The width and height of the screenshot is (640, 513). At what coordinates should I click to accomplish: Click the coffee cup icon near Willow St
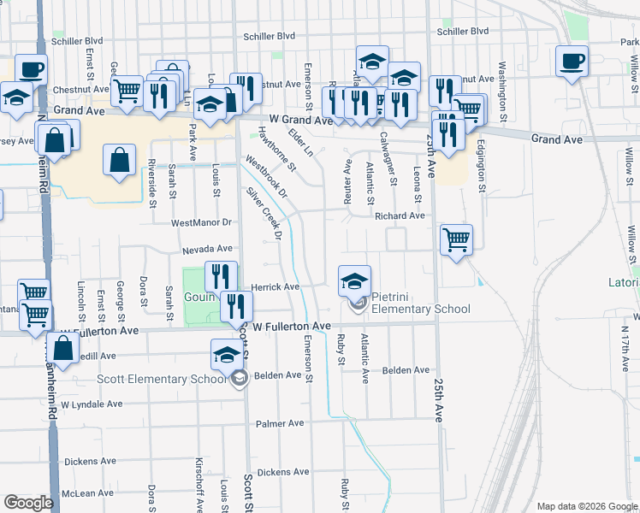[x=572, y=62]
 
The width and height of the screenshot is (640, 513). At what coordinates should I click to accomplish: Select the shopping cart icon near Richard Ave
[x=456, y=239]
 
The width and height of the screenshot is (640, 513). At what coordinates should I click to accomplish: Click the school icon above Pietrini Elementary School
[x=355, y=280]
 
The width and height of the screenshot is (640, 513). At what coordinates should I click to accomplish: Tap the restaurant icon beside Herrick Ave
[x=222, y=276]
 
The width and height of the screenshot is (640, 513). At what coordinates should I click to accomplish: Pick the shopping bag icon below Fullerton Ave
[x=62, y=348]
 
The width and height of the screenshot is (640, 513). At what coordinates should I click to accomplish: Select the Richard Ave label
[x=400, y=216]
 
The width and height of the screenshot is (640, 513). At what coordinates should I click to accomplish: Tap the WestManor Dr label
[x=201, y=222]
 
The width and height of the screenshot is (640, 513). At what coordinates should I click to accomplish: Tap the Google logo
[x=28, y=503]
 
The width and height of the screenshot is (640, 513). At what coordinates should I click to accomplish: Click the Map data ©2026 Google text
[x=586, y=506]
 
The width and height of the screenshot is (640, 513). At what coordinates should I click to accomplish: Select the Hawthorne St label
[x=276, y=147]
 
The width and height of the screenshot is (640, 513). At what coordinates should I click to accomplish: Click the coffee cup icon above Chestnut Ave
[x=31, y=69]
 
